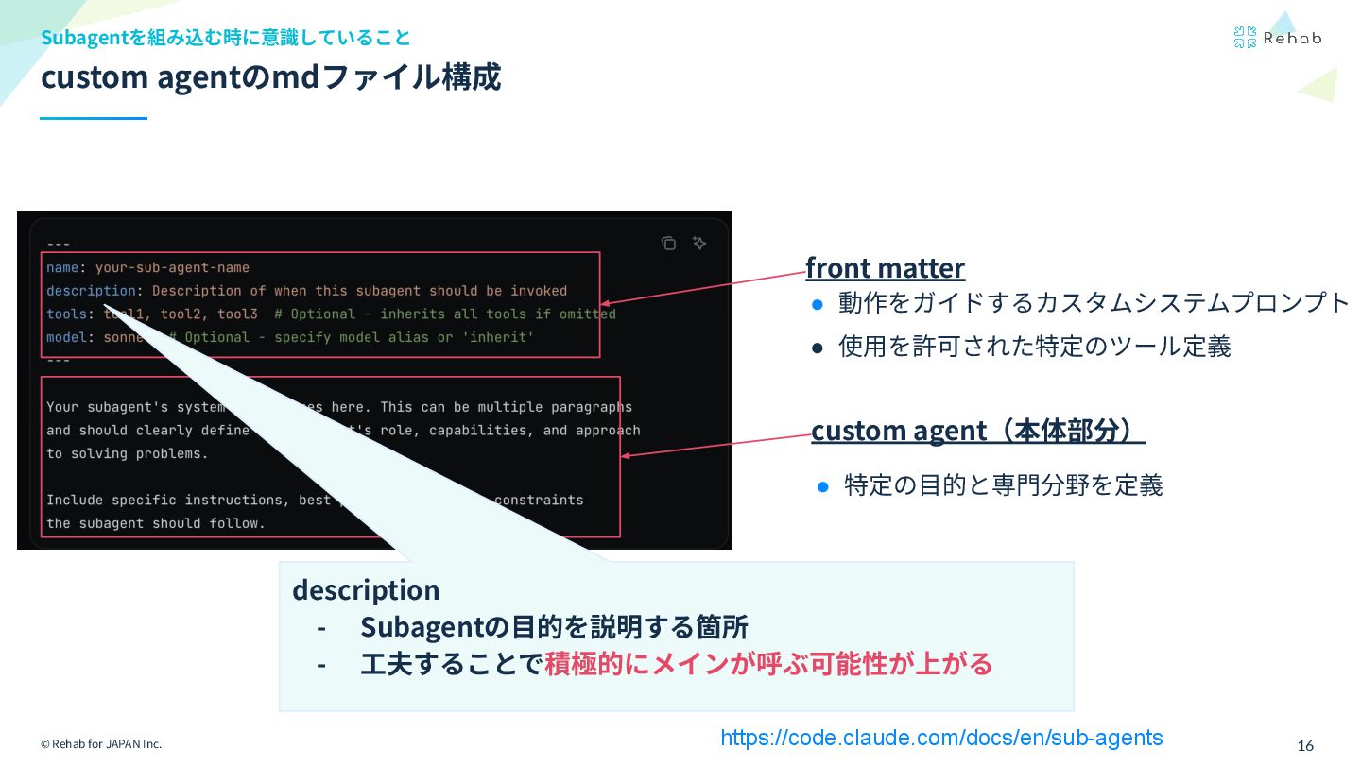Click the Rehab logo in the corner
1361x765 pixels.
(x=1277, y=38)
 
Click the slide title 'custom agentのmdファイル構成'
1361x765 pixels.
(x=270, y=77)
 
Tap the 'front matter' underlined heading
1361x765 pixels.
(x=885, y=268)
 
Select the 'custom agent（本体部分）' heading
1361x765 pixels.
(x=977, y=431)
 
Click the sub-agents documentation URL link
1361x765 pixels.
(x=941, y=738)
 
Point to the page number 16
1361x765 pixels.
(x=1305, y=745)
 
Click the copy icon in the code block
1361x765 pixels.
(x=668, y=244)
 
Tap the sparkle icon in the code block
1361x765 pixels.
(x=699, y=244)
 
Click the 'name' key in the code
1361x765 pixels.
(x=62, y=267)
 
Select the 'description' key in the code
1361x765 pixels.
(x=91, y=291)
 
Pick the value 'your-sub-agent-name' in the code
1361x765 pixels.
(x=172, y=267)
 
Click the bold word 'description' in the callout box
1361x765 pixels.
(x=366, y=589)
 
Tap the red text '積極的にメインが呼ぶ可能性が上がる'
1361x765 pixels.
(x=768, y=664)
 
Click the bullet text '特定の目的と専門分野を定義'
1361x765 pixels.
(x=1003, y=485)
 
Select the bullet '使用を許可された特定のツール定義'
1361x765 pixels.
(x=1034, y=347)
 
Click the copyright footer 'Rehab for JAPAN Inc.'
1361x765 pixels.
(x=101, y=744)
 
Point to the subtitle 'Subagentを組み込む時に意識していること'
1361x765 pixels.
(x=226, y=38)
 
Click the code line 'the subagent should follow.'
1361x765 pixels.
(x=156, y=523)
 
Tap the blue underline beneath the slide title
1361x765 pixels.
(x=94, y=119)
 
